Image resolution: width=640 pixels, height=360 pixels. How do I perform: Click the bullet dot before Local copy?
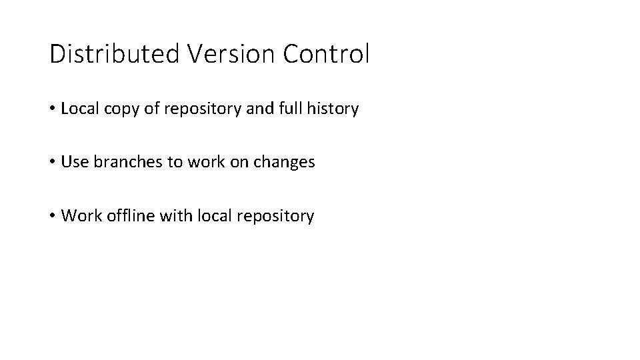click(53, 109)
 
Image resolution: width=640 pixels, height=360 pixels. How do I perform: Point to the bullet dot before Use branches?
click(53, 162)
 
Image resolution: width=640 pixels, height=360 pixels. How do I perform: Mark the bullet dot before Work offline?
click(53, 216)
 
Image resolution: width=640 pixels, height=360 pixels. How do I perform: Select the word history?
click(335, 109)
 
